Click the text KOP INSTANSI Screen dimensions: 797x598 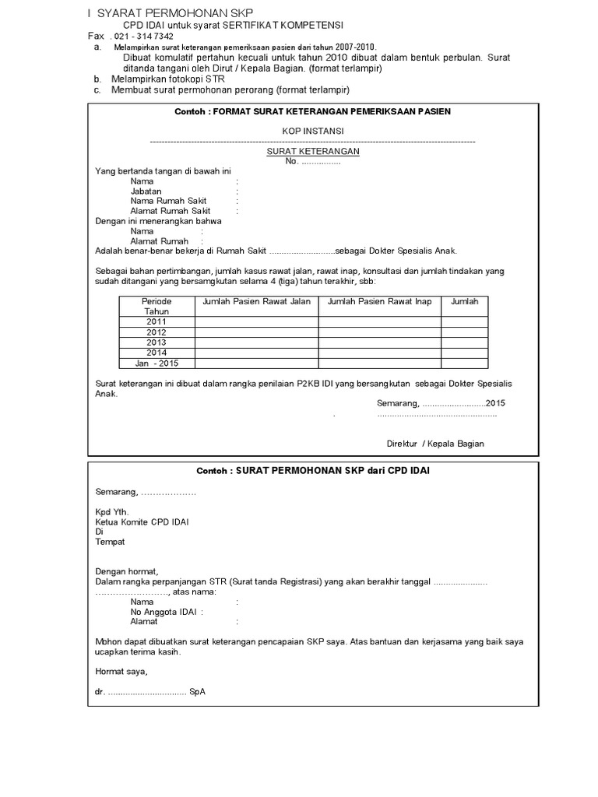pyautogui.click(x=312, y=131)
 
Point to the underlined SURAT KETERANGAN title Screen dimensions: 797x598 pyautogui.click(x=313, y=152)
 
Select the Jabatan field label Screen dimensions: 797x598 pyautogui.click(x=146, y=191)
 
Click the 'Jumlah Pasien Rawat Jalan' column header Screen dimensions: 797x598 pyautogui.click(x=256, y=301)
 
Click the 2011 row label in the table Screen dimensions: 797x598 pyautogui.click(x=157, y=321)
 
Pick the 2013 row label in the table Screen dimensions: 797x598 pyautogui.click(x=157, y=342)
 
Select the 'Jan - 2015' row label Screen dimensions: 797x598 pyautogui.click(x=157, y=363)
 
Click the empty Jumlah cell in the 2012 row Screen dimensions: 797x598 pyautogui.click(x=464, y=332)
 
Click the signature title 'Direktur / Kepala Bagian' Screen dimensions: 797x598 pyautogui.click(x=435, y=444)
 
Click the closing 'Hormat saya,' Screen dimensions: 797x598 pyautogui.click(x=121, y=671)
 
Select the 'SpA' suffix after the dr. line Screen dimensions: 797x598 pyautogui.click(x=197, y=692)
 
